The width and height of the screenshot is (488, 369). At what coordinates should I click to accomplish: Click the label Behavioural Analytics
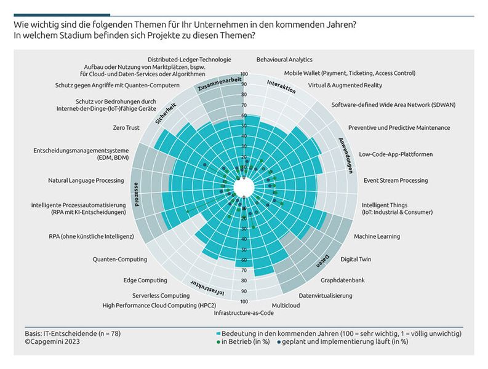click(x=284, y=60)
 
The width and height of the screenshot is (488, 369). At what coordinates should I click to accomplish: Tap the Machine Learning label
click(x=377, y=236)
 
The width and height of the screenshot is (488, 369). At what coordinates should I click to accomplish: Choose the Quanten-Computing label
click(x=119, y=260)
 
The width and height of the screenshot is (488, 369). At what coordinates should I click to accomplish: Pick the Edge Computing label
click(x=145, y=280)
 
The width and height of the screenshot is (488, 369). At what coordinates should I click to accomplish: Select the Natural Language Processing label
click(x=86, y=181)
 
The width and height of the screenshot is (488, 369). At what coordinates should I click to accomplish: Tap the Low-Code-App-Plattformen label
click(x=396, y=154)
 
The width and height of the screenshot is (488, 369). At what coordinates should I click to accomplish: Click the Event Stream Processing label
click(x=395, y=181)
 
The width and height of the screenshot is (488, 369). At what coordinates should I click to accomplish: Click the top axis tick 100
click(x=244, y=74)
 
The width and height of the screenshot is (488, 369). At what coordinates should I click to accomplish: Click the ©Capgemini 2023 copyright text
click(x=42, y=342)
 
